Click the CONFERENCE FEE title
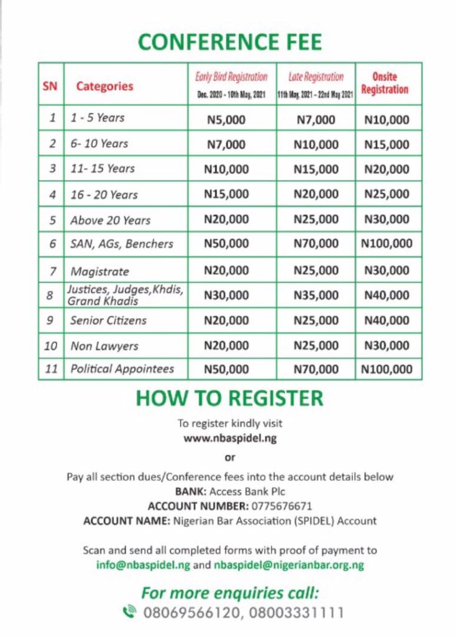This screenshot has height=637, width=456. click(230, 42)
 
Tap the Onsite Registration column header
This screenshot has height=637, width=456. click(385, 83)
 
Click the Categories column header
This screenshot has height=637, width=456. click(104, 86)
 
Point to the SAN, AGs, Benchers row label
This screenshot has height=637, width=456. click(121, 244)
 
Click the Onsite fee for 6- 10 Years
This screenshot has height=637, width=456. click(387, 144)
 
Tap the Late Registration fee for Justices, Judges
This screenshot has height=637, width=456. click(316, 295)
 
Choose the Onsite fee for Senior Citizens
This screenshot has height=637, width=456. click(387, 320)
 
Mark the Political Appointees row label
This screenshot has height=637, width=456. click(122, 368)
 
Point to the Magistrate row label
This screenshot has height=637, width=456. click(99, 271)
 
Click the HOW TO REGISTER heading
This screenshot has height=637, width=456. click(229, 398)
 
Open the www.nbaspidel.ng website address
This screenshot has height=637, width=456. click(230, 438)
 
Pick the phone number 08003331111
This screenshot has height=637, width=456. click(296, 613)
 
